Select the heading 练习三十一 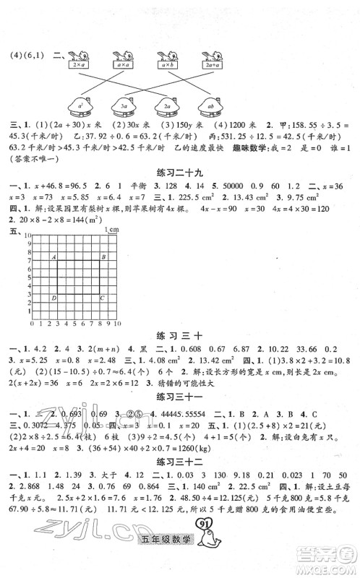click(x=180, y=397)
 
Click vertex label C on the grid click(x=102, y=297)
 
